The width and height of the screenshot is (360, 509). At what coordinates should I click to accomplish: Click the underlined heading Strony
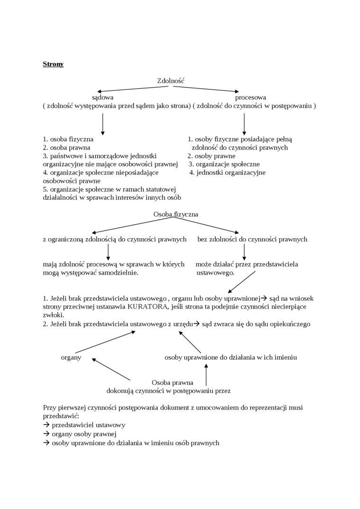(53, 64)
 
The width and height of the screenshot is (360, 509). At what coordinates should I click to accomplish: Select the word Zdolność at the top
(171, 81)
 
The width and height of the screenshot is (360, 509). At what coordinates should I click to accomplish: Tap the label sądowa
(103, 97)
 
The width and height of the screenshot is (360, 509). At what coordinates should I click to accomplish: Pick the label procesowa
(251, 97)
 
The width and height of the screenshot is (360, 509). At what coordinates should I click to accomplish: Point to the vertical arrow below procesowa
(244, 124)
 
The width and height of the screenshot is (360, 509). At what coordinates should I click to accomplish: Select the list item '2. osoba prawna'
(67, 147)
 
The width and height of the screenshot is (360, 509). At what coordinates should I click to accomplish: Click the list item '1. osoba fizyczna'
(68, 139)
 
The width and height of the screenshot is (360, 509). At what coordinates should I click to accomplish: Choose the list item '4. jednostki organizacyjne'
(227, 172)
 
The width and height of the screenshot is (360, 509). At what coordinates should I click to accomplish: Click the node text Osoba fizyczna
(176, 214)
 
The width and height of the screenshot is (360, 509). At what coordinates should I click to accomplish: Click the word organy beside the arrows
(71, 357)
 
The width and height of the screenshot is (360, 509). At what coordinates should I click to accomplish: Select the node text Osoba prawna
(172, 382)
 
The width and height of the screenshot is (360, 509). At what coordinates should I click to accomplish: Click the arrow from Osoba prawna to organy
(111, 369)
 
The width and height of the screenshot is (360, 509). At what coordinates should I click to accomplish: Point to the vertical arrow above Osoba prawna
(206, 375)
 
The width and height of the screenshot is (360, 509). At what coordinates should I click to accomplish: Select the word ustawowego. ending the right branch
(216, 273)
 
